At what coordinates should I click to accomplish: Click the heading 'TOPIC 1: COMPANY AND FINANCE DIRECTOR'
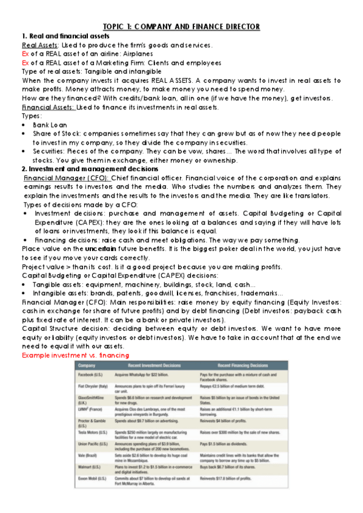181,27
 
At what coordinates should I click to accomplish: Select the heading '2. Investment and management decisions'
90,169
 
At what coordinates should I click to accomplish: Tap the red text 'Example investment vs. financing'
76,355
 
